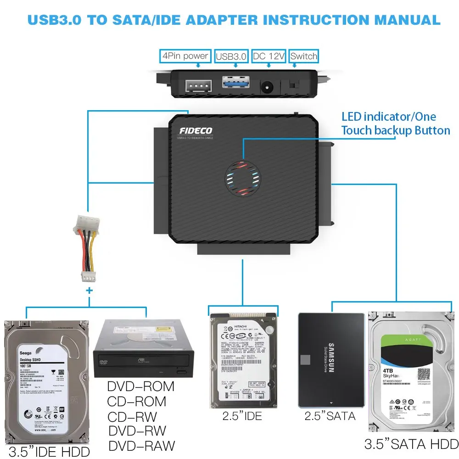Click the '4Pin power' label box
tap(185, 56)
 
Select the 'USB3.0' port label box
tap(231, 56)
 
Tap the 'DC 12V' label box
tap(269, 56)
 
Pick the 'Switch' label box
tap(304, 56)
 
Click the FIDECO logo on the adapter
tap(196, 131)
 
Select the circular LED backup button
tap(242, 177)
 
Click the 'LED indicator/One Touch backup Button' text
tap(395, 123)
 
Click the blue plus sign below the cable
tap(89, 291)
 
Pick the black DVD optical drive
tap(144, 351)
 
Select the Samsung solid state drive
tap(331, 359)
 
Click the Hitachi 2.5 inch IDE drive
tap(243, 361)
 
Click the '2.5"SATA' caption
tap(330, 416)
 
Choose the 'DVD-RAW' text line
tap(141, 445)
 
